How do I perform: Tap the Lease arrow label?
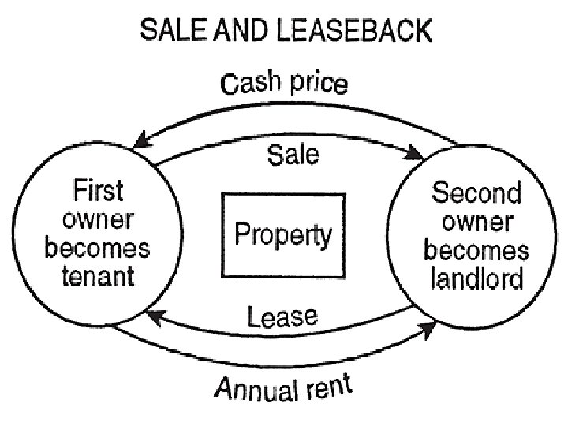pyautogui.click(x=282, y=317)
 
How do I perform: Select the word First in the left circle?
pyautogui.click(x=99, y=191)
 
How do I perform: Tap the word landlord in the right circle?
pyautogui.click(x=476, y=277)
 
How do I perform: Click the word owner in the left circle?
pyautogui.click(x=98, y=220)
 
